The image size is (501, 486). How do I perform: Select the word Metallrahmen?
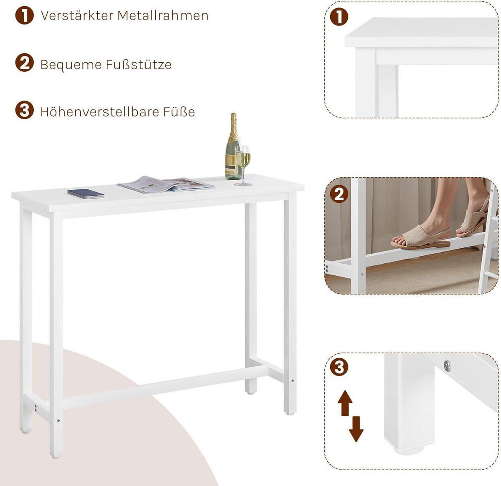[x=163, y=15]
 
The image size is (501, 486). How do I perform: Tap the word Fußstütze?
[x=139, y=65]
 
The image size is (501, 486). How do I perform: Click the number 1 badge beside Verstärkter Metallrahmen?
[x=24, y=15]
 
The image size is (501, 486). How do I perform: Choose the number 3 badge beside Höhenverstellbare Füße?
[x=24, y=111]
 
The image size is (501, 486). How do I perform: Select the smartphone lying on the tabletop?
[x=86, y=194]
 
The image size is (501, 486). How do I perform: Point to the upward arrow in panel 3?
[x=345, y=403]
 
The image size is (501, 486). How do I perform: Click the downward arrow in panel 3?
[x=356, y=429]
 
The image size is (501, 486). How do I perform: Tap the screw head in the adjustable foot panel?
[x=448, y=366]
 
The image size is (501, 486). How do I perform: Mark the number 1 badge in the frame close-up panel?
[x=339, y=17]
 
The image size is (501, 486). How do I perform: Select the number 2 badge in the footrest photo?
[x=339, y=194]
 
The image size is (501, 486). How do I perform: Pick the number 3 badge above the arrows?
[x=339, y=367]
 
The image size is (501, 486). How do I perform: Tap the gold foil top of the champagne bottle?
[x=234, y=123]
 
